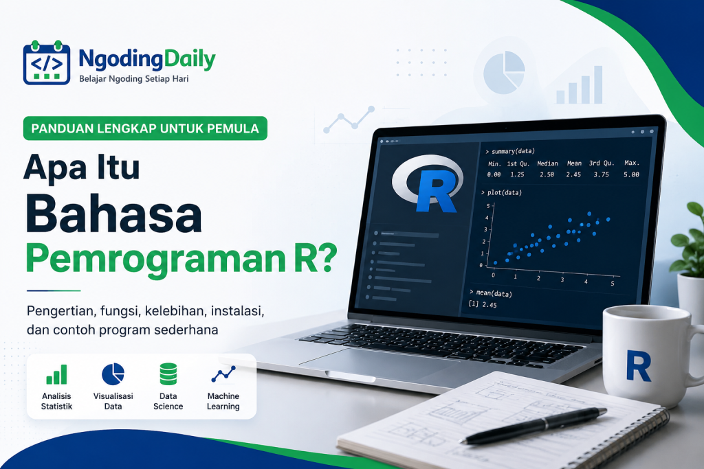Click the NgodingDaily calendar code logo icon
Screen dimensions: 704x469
point(47,62)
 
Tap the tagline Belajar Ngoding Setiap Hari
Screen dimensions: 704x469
point(134,79)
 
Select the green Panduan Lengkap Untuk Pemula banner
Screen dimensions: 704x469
point(145,128)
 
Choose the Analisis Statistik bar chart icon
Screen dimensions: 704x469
point(56,374)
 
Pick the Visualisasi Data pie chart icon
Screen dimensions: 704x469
point(113,374)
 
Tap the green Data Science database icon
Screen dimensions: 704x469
point(168,374)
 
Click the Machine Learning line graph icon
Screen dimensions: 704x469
point(223,374)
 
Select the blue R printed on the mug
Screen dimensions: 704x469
point(638,366)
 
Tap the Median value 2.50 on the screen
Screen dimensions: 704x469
point(547,174)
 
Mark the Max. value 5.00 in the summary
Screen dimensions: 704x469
point(631,174)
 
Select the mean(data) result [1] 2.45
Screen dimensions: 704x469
point(483,304)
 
